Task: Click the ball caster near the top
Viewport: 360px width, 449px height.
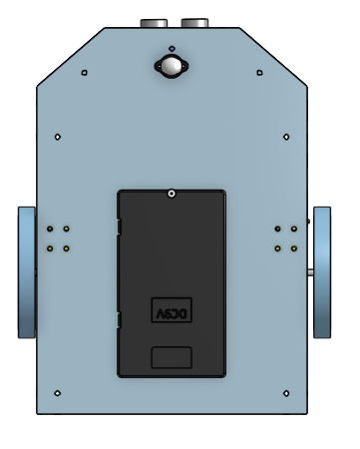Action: point(172,67)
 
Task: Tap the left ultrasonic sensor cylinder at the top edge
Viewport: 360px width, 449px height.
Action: point(155,22)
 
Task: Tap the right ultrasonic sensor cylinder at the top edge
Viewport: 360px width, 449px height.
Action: point(194,22)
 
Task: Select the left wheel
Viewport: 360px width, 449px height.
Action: point(27,272)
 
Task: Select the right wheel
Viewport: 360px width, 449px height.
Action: point(322,272)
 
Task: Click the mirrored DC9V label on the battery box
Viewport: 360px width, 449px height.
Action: point(171,311)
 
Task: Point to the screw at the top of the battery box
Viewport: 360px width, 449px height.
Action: point(172,195)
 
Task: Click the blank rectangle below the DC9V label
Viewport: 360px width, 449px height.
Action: point(171,356)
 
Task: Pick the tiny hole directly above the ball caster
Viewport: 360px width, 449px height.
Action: point(172,47)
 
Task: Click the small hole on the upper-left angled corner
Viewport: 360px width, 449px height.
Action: point(84,72)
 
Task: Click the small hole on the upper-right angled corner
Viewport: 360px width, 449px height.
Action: point(259,72)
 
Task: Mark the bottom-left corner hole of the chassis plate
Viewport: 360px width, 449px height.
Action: point(58,392)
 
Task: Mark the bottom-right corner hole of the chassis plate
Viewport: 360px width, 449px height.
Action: point(286,392)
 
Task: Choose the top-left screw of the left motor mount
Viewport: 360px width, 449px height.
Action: point(50,228)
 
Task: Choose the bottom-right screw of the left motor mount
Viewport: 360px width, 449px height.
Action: point(66,247)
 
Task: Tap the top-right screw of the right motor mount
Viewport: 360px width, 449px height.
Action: point(293,228)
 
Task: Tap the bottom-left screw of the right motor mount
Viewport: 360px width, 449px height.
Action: point(277,247)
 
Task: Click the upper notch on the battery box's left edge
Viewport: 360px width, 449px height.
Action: point(119,227)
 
